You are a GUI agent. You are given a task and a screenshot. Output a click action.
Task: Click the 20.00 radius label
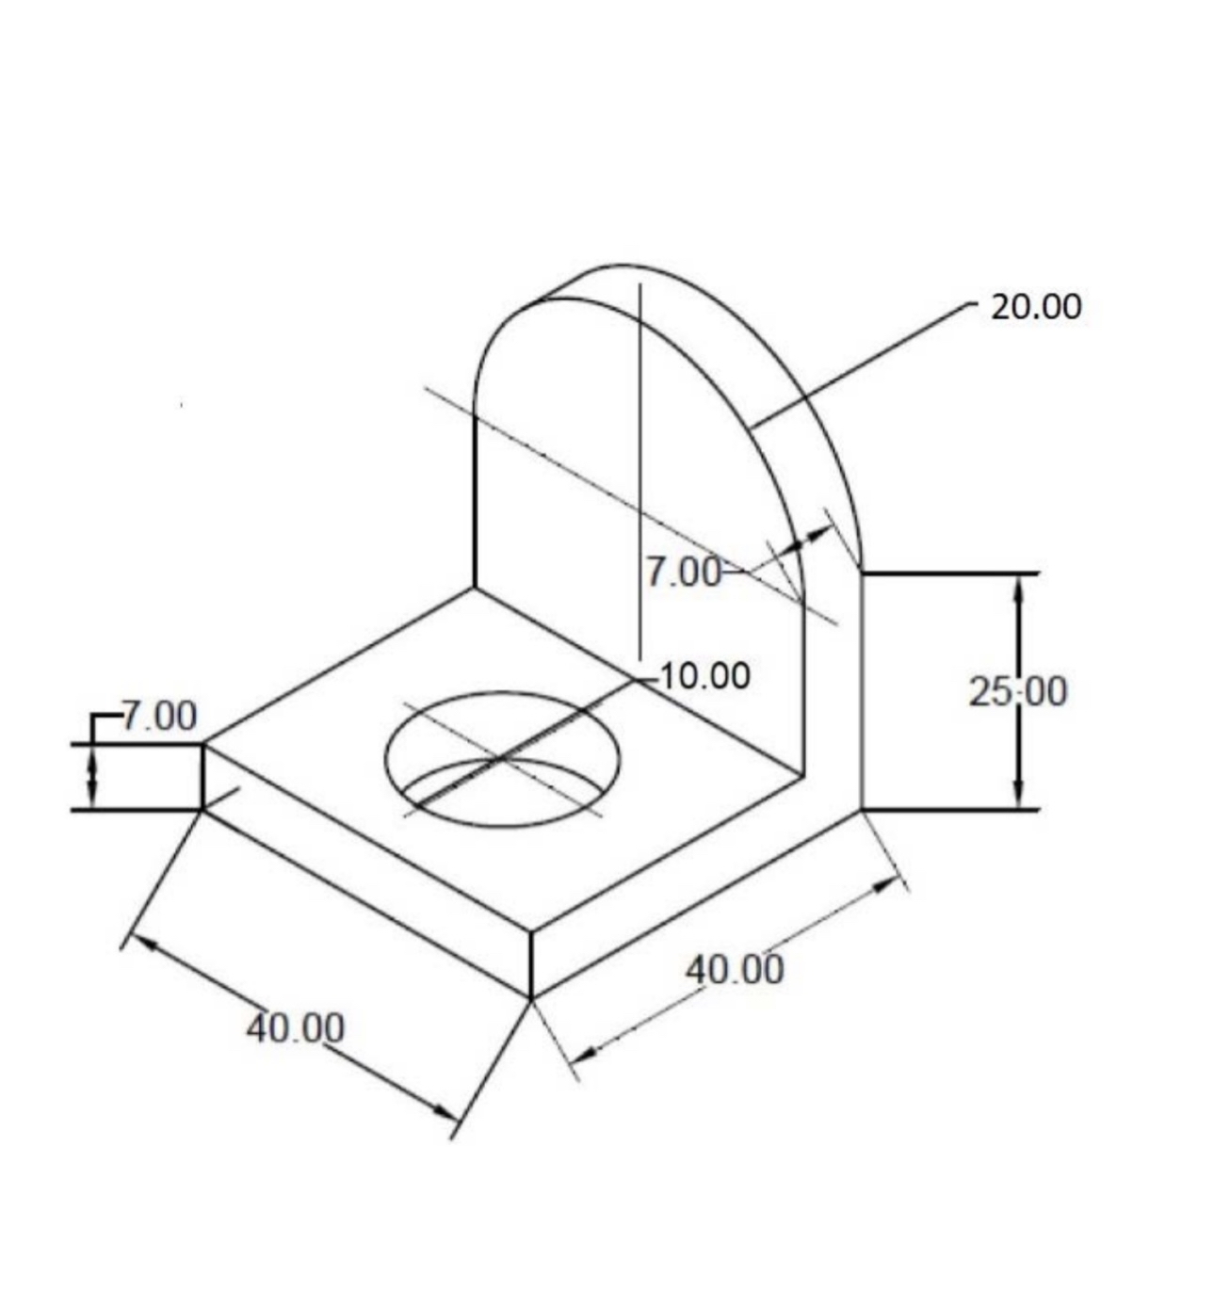[1036, 307]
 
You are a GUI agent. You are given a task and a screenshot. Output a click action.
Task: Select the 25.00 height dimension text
[1018, 692]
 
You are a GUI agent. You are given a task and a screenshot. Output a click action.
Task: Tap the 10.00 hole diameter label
[704, 676]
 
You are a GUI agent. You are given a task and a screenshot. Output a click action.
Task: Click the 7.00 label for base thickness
[159, 717]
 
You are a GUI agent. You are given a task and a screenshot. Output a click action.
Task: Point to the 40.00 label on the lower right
[734, 969]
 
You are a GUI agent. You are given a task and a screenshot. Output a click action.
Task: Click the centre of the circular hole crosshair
[502, 758]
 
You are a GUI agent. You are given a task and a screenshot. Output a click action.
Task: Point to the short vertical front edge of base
[531, 964]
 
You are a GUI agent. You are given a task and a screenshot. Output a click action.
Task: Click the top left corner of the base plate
[203, 745]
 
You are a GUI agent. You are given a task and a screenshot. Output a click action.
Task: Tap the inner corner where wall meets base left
[474, 589]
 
